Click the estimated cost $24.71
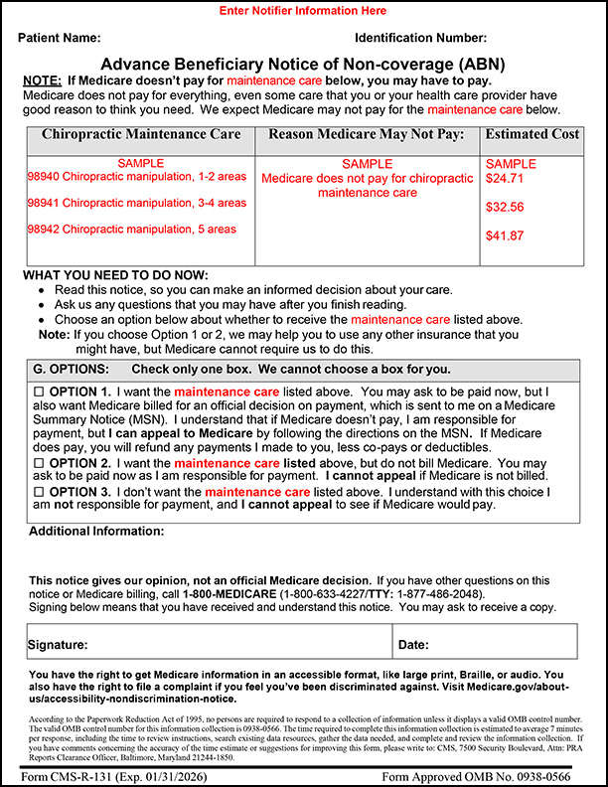[504, 179]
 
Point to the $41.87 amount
[504, 236]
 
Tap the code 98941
[43, 203]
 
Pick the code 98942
[43, 229]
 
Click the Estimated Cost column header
[532, 134]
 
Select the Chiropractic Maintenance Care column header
[140, 134]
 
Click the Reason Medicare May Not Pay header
[367, 134]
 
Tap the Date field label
[413, 645]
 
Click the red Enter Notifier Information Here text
[303, 11]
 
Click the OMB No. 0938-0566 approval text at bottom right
[489, 774]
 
